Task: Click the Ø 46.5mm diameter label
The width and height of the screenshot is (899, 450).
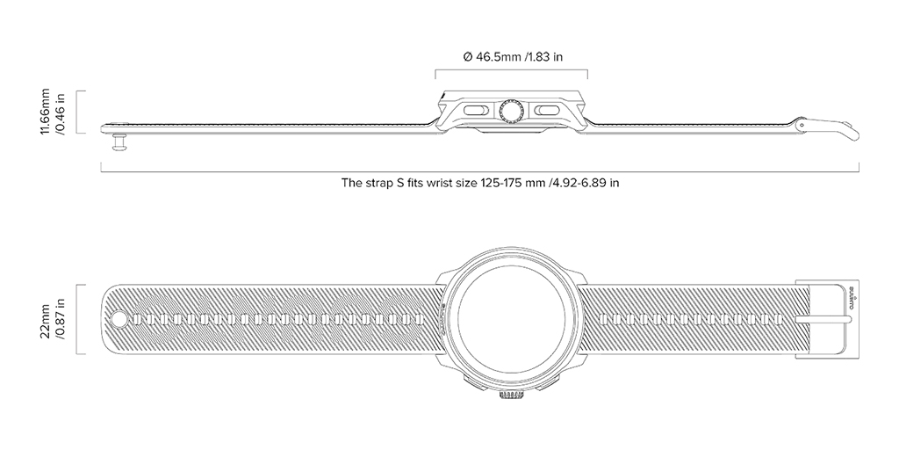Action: (x=513, y=57)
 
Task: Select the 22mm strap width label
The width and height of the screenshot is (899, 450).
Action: (x=45, y=325)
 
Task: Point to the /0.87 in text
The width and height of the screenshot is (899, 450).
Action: (x=60, y=318)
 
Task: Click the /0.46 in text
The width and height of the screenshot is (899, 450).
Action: (x=60, y=112)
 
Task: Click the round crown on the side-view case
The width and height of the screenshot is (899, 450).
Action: (x=510, y=111)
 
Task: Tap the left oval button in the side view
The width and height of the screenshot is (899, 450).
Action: (x=475, y=110)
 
